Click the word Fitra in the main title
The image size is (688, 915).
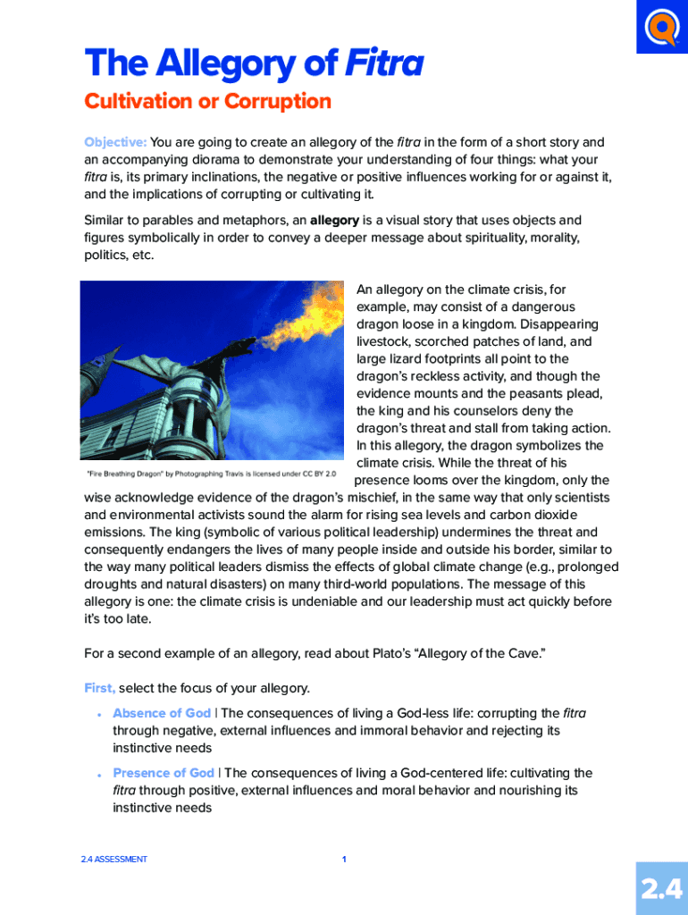[384, 64]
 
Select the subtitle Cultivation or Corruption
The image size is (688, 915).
[207, 102]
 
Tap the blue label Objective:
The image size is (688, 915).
[115, 142]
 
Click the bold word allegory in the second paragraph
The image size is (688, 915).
[334, 220]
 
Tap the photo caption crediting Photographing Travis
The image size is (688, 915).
[212, 474]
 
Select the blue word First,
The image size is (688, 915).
[99, 688]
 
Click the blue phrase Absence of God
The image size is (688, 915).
[162, 713]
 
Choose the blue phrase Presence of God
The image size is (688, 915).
[164, 773]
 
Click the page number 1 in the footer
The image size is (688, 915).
[344, 860]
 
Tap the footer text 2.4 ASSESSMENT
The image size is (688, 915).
[113, 860]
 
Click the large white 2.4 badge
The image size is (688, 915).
[662, 888]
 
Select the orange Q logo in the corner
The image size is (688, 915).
[662, 27]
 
